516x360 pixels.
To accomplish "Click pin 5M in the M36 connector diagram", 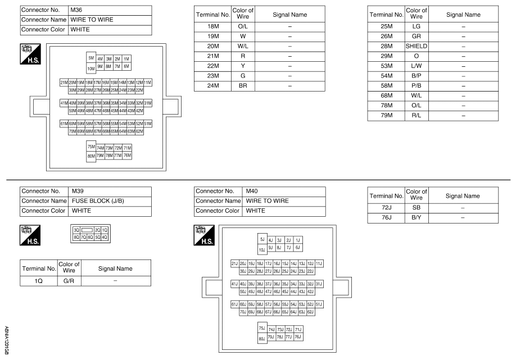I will point(90,58).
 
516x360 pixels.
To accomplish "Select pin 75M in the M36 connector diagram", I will point(90,146).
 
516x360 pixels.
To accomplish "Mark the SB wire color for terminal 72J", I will point(417,207).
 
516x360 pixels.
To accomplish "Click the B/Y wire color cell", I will point(417,217).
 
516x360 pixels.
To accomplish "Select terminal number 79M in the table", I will point(385,116).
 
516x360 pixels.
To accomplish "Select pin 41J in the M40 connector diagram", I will point(235,284).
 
